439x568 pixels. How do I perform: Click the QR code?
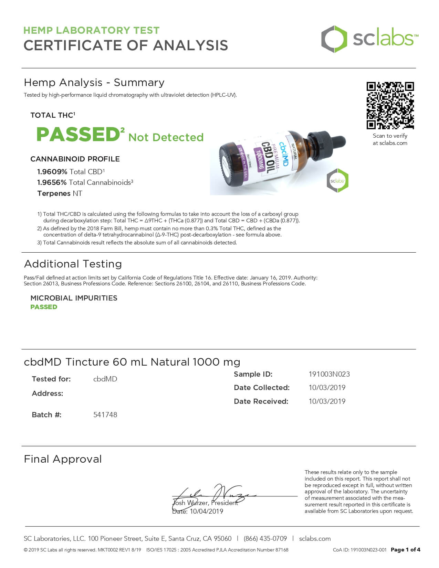[390, 105]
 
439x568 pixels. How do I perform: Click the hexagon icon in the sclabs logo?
[334, 39]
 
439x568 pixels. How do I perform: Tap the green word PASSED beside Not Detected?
[78, 134]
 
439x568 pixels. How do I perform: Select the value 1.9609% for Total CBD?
[52, 172]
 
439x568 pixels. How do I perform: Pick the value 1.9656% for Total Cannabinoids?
[52, 182]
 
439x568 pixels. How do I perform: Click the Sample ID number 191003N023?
[329, 374]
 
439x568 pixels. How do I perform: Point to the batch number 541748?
[105, 415]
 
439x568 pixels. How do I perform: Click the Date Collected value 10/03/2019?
[327, 388]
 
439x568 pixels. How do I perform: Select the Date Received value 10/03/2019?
[327, 401]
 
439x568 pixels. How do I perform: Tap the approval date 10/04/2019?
[206, 512]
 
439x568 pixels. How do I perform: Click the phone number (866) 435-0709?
[265, 539]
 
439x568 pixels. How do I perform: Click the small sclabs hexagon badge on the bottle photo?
[337, 180]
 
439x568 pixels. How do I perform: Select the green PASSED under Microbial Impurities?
[44, 307]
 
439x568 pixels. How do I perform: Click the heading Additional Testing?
[73, 264]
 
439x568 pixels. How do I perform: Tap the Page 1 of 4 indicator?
[405, 550]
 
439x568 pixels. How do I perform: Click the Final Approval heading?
[63, 459]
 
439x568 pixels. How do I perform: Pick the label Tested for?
[51, 379]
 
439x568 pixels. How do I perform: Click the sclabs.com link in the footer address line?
[315, 539]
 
